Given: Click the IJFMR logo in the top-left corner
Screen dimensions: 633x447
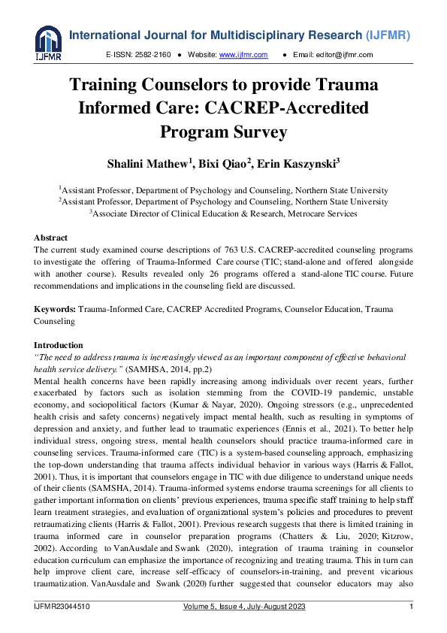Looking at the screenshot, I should click(48, 42).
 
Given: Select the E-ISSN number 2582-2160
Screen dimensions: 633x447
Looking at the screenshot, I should click(153, 55).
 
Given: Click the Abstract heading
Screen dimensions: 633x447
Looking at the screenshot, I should click(51, 238).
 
